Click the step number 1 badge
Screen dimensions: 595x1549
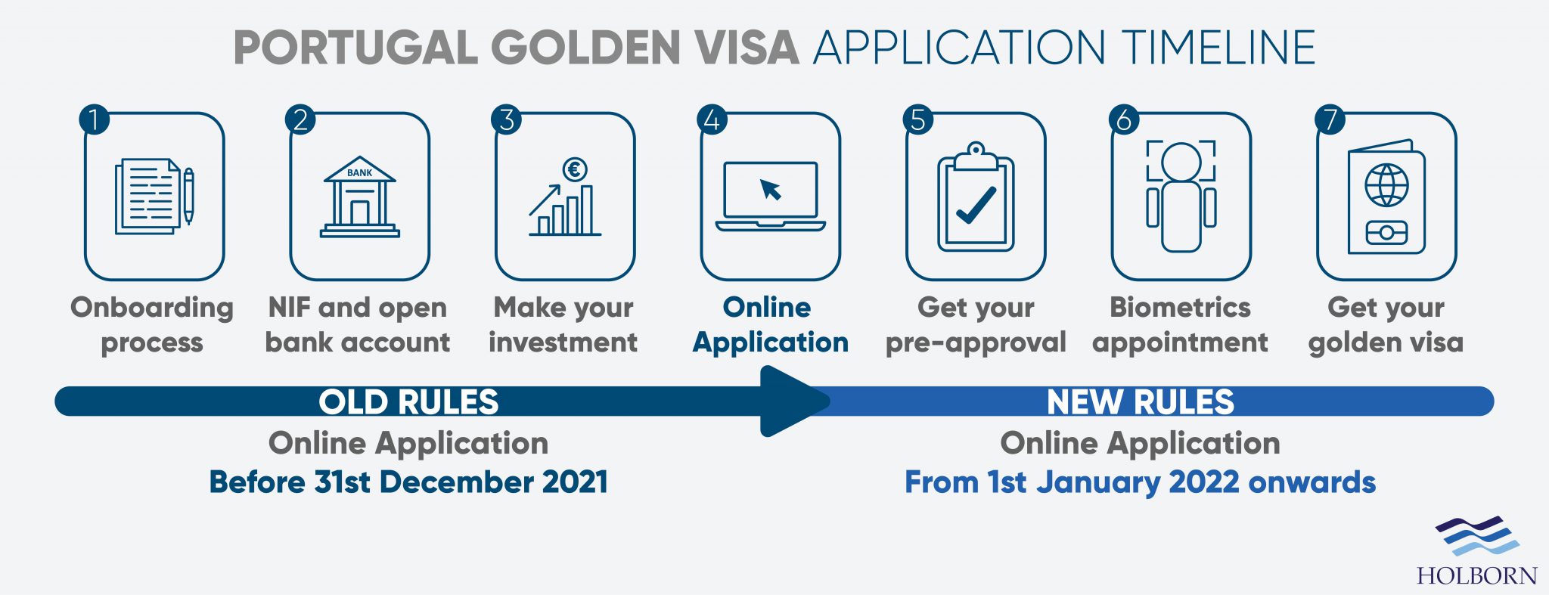point(95,119)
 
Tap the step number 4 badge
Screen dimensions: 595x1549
point(712,119)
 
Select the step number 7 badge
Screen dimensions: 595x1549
point(1330,119)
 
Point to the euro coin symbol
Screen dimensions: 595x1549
point(575,169)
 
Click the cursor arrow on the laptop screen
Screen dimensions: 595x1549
point(771,189)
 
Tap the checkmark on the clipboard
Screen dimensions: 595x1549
point(976,205)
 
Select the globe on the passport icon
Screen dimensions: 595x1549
point(1386,184)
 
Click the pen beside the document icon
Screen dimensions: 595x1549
point(188,195)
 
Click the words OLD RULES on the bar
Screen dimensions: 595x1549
point(408,402)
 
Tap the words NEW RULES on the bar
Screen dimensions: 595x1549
point(1140,402)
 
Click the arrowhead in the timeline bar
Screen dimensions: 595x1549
point(794,401)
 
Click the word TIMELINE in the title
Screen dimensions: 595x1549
point(1218,48)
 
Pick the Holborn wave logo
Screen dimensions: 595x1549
point(1477,536)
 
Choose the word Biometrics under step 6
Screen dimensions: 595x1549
point(1180,308)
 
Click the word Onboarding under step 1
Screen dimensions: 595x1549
point(152,308)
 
